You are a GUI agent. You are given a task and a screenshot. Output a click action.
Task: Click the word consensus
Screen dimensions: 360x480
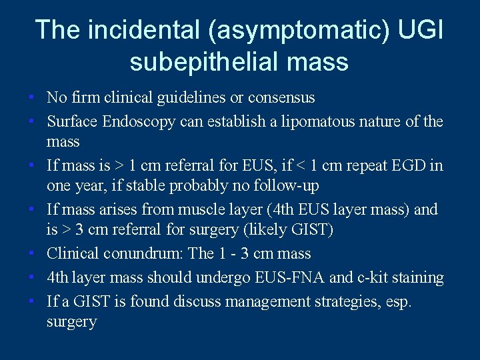point(281,98)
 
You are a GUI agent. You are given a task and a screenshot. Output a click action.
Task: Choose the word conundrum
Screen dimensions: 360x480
point(143,254)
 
